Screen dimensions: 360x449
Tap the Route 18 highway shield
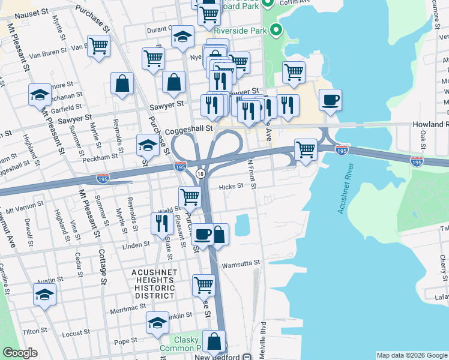click(x=200, y=173)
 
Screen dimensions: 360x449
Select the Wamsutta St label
click(x=241, y=263)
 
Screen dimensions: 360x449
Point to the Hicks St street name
click(x=231, y=186)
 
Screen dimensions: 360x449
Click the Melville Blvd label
click(x=263, y=338)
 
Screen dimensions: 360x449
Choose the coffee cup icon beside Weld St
click(x=202, y=233)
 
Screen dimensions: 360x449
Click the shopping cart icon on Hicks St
click(x=190, y=196)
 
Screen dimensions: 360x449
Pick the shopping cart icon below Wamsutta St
click(x=203, y=284)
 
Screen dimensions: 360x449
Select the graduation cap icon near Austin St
click(x=44, y=295)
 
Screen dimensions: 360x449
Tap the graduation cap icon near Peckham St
click(x=148, y=145)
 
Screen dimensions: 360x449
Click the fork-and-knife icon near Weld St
click(x=161, y=224)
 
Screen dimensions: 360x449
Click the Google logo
click(x=20, y=353)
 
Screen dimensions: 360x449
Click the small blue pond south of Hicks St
click(x=243, y=225)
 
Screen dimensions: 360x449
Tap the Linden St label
click(x=137, y=245)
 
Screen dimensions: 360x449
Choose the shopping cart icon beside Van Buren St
click(x=98, y=46)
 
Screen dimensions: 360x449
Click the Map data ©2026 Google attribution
click(x=411, y=355)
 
